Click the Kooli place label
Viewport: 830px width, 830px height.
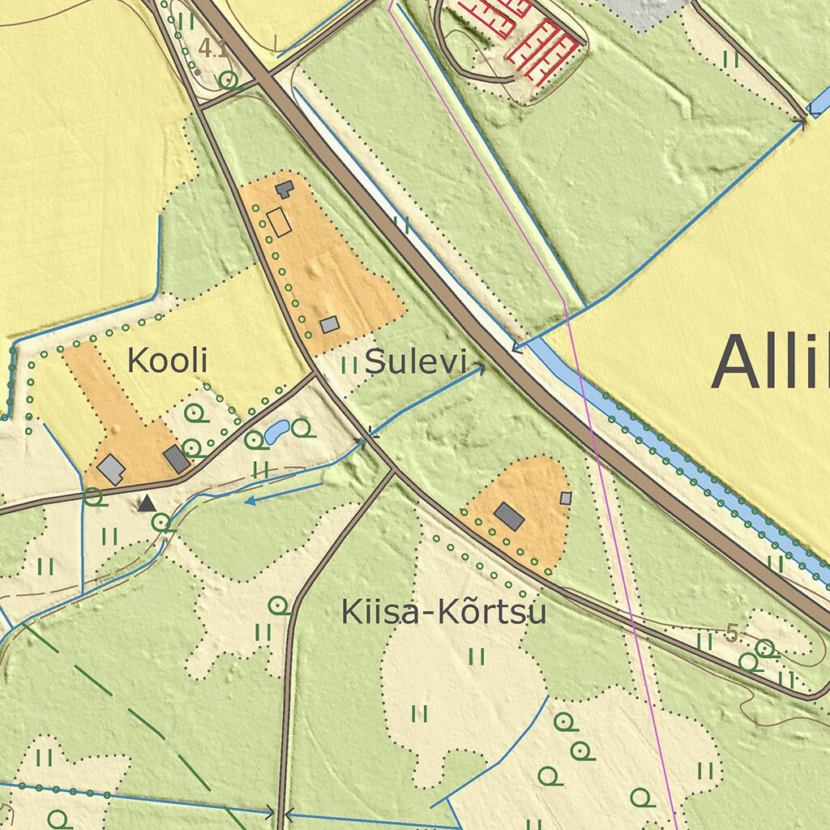168,361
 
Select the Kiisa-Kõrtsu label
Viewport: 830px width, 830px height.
443,612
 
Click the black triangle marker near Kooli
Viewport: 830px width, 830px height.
147,504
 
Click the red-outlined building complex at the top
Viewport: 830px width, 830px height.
527,32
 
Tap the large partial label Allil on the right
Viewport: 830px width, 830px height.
770,362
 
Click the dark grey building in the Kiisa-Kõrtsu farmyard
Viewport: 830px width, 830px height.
509,516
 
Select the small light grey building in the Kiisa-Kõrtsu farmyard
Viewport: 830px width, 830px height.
566,498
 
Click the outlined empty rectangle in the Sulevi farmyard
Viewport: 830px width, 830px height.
278,222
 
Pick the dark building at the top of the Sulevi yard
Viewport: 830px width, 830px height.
285,190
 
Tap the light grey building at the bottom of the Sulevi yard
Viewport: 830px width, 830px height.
329,324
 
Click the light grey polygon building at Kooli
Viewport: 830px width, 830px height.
111,469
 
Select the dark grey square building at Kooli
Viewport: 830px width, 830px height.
177,459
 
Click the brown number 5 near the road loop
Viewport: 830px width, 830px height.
732,633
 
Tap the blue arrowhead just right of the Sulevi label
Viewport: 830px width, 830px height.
480,369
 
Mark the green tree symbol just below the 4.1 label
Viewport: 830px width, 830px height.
228,79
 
